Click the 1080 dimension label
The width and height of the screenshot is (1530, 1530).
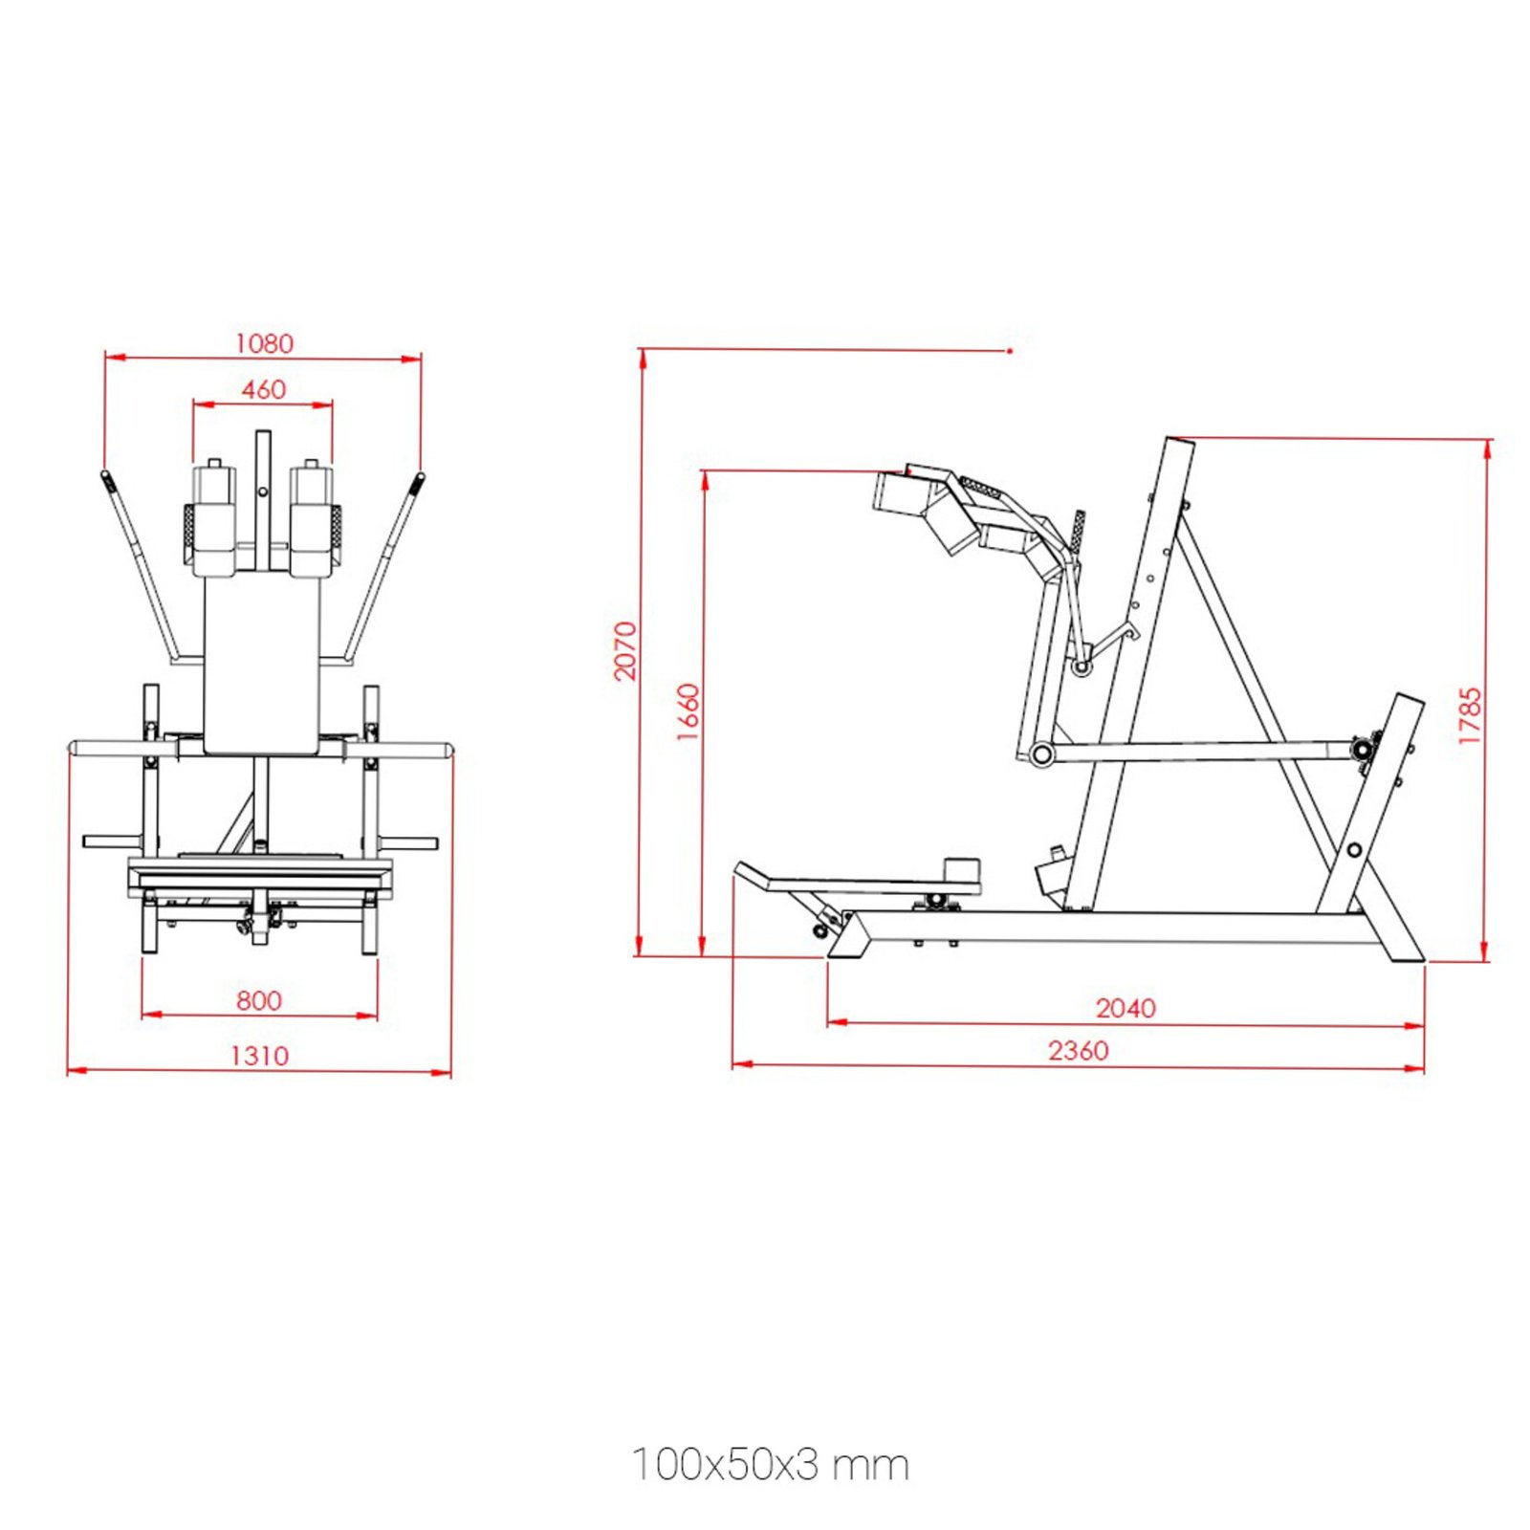point(264,343)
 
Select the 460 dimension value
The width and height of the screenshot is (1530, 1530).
point(263,389)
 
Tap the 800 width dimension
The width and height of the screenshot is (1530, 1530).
point(259,1000)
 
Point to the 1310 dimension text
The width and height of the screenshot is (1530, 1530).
point(259,1055)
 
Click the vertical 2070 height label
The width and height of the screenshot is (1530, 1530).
point(624,651)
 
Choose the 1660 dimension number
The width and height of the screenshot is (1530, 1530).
point(688,711)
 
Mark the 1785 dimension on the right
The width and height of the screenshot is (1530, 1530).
point(1470,716)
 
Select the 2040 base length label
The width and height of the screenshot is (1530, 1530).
point(1126,1008)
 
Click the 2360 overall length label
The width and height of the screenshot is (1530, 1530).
point(1078,1050)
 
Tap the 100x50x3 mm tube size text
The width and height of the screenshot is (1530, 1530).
point(771,1464)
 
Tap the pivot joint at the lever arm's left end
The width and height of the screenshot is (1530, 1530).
point(1041,754)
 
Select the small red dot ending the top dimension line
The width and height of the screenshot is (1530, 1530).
point(1010,351)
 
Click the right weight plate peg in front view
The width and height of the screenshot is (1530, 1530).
point(409,842)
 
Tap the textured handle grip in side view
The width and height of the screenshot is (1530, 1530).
point(1079,531)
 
